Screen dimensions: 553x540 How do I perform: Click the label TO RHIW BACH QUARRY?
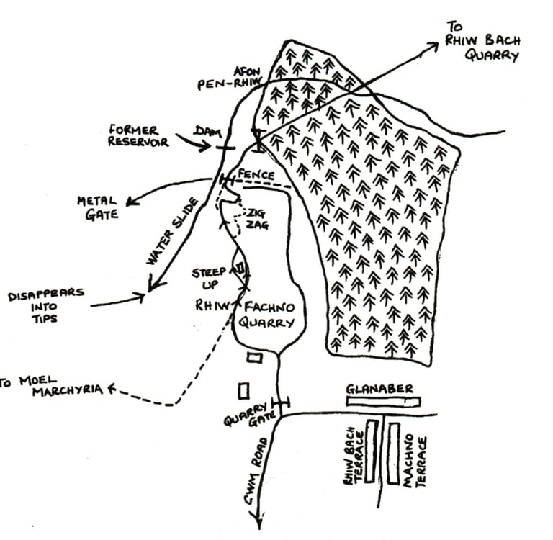pyautogui.click(x=482, y=41)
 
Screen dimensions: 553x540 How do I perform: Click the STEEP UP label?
pyautogui.click(x=210, y=279)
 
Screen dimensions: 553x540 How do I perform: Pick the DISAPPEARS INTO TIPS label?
pyautogui.click(x=45, y=306)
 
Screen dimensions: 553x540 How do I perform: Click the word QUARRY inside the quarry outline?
pyautogui.click(x=266, y=323)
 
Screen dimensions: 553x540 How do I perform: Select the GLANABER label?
pyautogui.click(x=379, y=389)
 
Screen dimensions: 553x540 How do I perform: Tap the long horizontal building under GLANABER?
pyautogui.click(x=382, y=401)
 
